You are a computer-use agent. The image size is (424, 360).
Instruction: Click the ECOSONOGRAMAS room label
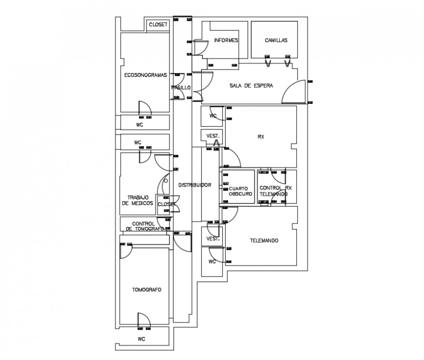[x=145, y=75]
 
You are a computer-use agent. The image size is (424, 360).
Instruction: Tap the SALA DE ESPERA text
[x=251, y=85]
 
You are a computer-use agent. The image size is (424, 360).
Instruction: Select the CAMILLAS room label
[x=276, y=40]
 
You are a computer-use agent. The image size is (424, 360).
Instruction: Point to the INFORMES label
[x=226, y=40]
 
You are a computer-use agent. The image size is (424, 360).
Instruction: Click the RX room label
[x=261, y=137]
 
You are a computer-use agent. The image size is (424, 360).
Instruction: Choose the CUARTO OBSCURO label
[x=240, y=191]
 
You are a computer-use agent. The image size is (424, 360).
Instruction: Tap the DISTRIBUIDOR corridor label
[x=194, y=185]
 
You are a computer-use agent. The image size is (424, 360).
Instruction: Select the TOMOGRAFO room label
[x=146, y=289]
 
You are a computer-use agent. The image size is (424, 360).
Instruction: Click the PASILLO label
[x=181, y=88]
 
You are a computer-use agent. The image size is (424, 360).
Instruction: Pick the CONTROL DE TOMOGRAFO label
[x=145, y=226]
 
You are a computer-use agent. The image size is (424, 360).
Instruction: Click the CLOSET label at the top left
[x=158, y=24]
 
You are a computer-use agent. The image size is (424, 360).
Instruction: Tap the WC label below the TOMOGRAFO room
[x=141, y=339]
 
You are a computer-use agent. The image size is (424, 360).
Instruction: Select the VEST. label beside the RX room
[x=213, y=135]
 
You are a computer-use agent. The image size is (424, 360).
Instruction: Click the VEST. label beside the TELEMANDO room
[x=213, y=239]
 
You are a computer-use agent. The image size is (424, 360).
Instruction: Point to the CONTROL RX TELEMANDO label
[x=275, y=191]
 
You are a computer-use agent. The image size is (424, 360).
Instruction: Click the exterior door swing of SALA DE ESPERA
[x=293, y=92]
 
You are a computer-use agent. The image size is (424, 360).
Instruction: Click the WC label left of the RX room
[x=213, y=116]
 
